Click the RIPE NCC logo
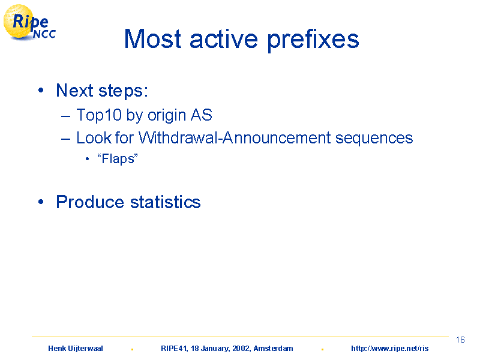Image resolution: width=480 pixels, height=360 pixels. (29, 22)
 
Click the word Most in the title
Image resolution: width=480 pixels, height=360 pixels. (153, 39)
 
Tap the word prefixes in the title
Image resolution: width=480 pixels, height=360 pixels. (313, 40)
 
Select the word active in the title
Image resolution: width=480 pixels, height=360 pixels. (224, 39)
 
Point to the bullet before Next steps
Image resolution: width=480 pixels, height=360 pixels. (41, 90)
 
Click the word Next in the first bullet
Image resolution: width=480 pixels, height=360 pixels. (74, 91)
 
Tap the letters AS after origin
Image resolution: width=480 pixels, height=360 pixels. (202, 115)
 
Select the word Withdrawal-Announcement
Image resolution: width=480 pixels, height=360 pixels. (235, 137)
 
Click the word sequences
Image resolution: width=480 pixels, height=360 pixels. (374, 139)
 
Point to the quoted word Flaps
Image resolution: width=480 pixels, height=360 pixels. (118, 159)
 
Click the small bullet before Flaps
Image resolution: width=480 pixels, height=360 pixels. (87, 158)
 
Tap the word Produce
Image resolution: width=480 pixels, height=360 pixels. (90, 202)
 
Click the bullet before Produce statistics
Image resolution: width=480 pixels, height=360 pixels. (41, 202)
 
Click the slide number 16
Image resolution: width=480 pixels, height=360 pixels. (460, 340)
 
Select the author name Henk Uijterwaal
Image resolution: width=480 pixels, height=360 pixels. (76, 349)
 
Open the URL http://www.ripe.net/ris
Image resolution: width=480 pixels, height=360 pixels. (389, 349)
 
